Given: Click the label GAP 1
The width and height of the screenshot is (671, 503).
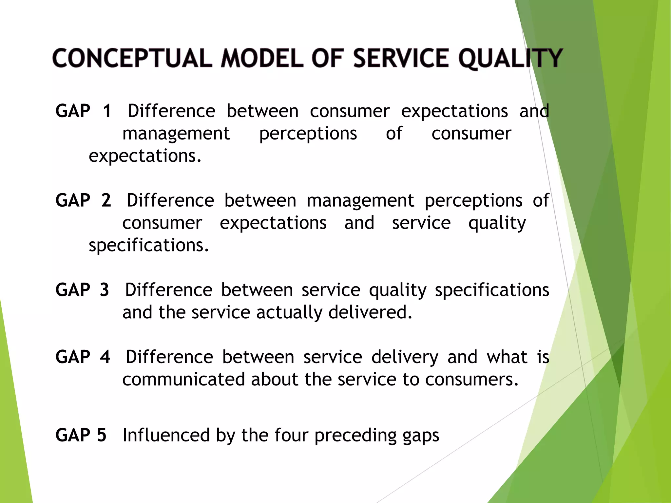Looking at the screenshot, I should point(84,111).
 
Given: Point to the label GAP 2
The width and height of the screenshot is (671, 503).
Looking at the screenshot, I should point(83,200).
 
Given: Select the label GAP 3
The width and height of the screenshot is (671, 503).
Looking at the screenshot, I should point(82,290).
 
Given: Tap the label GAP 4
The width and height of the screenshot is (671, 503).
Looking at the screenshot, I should point(83,357).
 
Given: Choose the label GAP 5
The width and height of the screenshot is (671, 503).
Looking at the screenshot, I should point(81,435).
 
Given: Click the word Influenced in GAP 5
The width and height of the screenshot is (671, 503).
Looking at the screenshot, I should point(166,435).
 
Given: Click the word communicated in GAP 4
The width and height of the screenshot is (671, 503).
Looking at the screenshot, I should point(183,380).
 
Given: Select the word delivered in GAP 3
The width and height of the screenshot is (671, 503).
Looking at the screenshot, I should point(370,312).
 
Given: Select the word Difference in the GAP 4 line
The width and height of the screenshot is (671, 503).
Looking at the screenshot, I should point(169,357).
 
